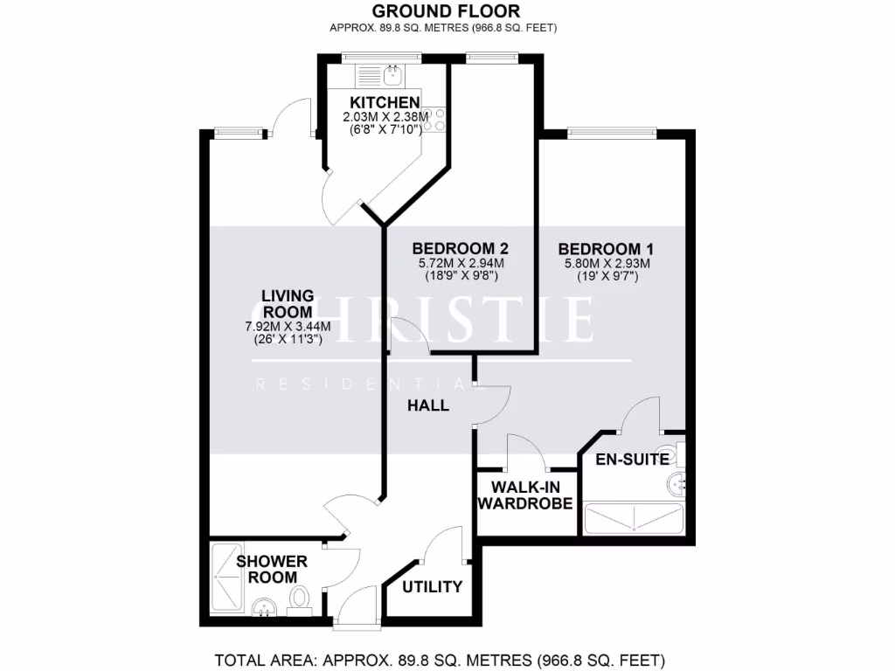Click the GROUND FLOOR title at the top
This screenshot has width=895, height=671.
pyautogui.click(x=446, y=11)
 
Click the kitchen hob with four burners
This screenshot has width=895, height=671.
pyautogui.click(x=434, y=120)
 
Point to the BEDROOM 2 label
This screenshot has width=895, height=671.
pyautogui.click(x=460, y=247)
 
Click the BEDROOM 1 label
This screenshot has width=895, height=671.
pyautogui.click(x=607, y=247)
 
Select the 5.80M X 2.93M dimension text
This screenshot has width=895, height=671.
pyautogui.click(x=607, y=263)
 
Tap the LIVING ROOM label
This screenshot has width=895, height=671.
pyautogui.click(x=288, y=303)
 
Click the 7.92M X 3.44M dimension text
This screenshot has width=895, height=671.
pyautogui.click(x=288, y=327)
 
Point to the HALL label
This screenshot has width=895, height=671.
pyautogui.click(x=428, y=405)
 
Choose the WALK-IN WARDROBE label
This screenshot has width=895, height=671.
pyautogui.click(x=526, y=495)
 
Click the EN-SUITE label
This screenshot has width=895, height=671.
pyautogui.click(x=633, y=459)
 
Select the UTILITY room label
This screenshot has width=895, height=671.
pyautogui.click(x=432, y=587)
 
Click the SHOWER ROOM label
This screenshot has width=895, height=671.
pyautogui.click(x=272, y=569)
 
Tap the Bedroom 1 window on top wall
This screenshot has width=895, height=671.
pyautogui.click(x=611, y=133)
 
